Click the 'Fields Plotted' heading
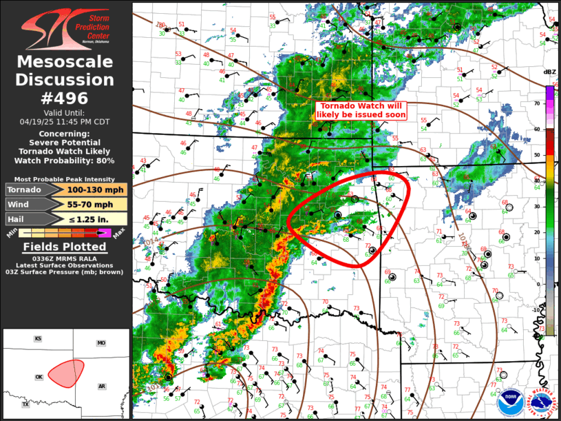[x=65, y=247]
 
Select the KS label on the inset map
[x=39, y=339]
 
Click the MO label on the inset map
[x=101, y=342]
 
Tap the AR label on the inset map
[x=102, y=386]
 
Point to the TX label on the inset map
[x=25, y=405]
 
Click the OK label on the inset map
[x=39, y=377]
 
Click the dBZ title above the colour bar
[x=549, y=72]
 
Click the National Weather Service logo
[x=540, y=401]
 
